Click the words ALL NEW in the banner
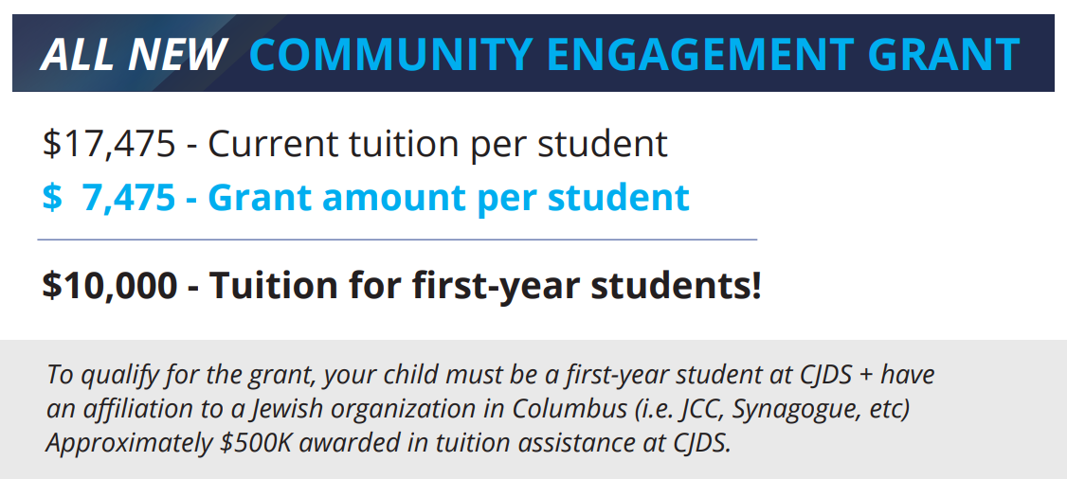click(x=133, y=55)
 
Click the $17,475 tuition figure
click(x=109, y=144)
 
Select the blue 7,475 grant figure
click(x=128, y=198)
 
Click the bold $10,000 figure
click(x=110, y=285)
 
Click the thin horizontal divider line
click(x=397, y=240)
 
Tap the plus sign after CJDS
click(x=866, y=375)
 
